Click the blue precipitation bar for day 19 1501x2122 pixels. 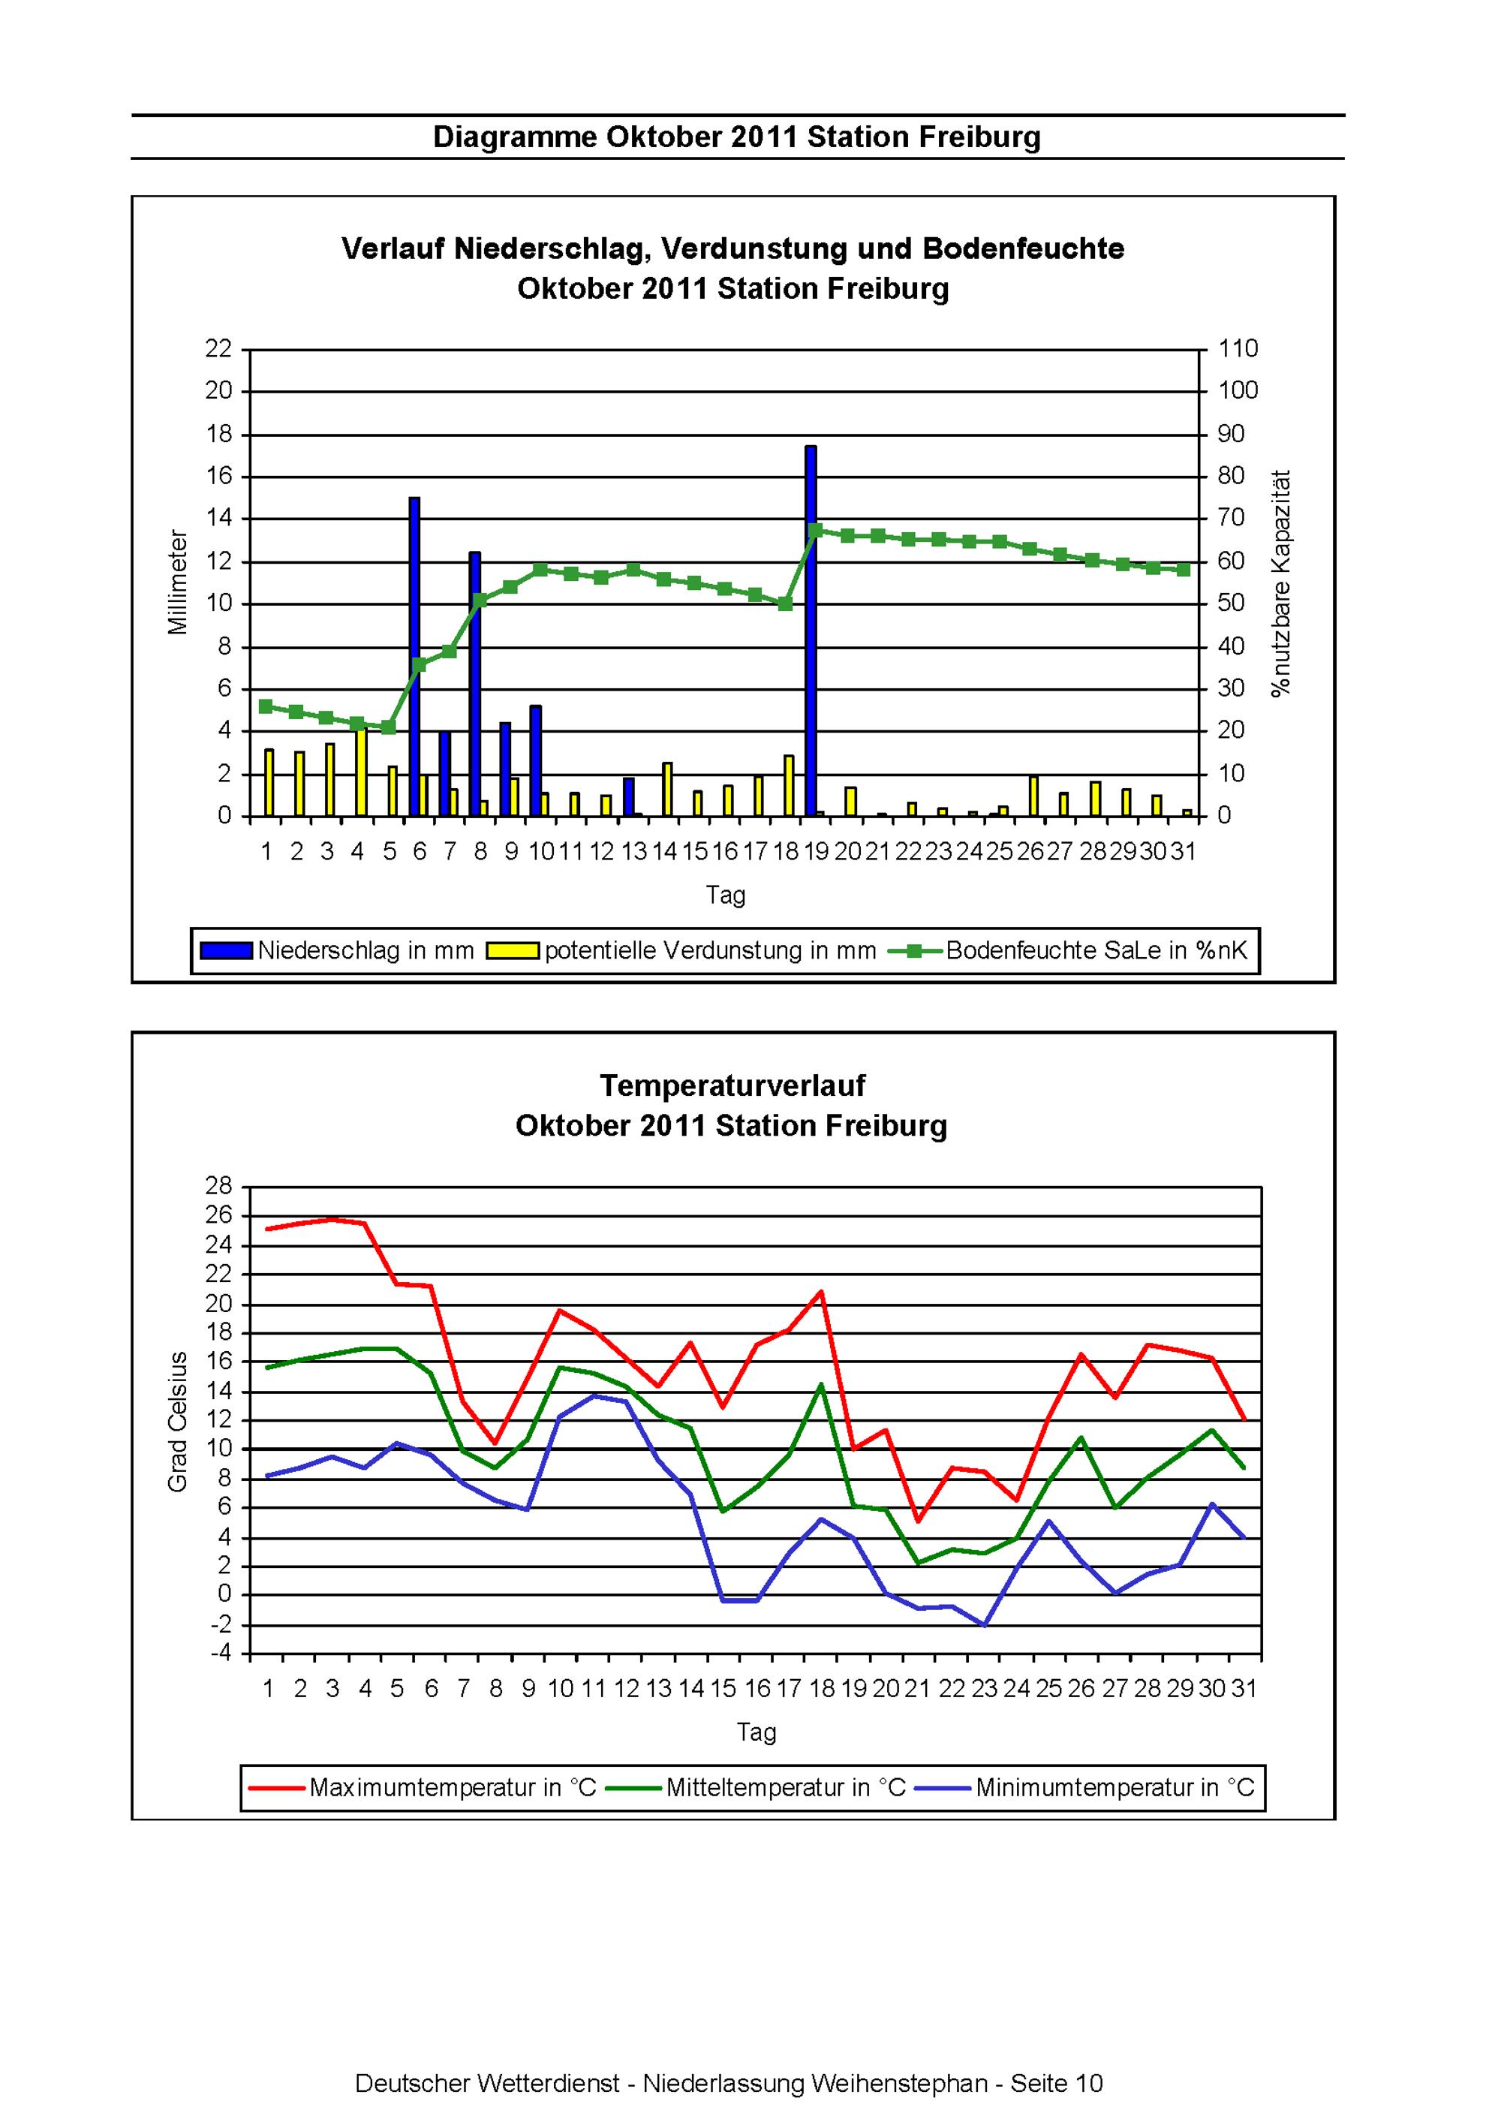coord(811,631)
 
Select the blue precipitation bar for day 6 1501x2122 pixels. coord(414,657)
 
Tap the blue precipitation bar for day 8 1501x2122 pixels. coord(475,684)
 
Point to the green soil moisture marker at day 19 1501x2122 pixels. coord(816,531)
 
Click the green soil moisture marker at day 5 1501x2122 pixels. coord(389,727)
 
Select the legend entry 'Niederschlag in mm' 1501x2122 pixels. coord(338,951)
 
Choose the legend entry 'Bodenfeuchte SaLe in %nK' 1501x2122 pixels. coord(1067,951)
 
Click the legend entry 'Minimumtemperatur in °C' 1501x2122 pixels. coord(1085,1787)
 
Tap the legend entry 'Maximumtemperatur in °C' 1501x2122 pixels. coord(423,1787)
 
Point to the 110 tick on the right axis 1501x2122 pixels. coord(1238,348)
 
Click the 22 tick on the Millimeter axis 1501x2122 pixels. coord(219,348)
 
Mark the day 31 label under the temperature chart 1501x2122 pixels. coord(1245,1689)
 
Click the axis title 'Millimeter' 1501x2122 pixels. coord(177,582)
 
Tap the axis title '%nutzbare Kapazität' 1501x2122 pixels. coord(1281,583)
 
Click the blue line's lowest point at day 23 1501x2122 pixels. coord(985,1624)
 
